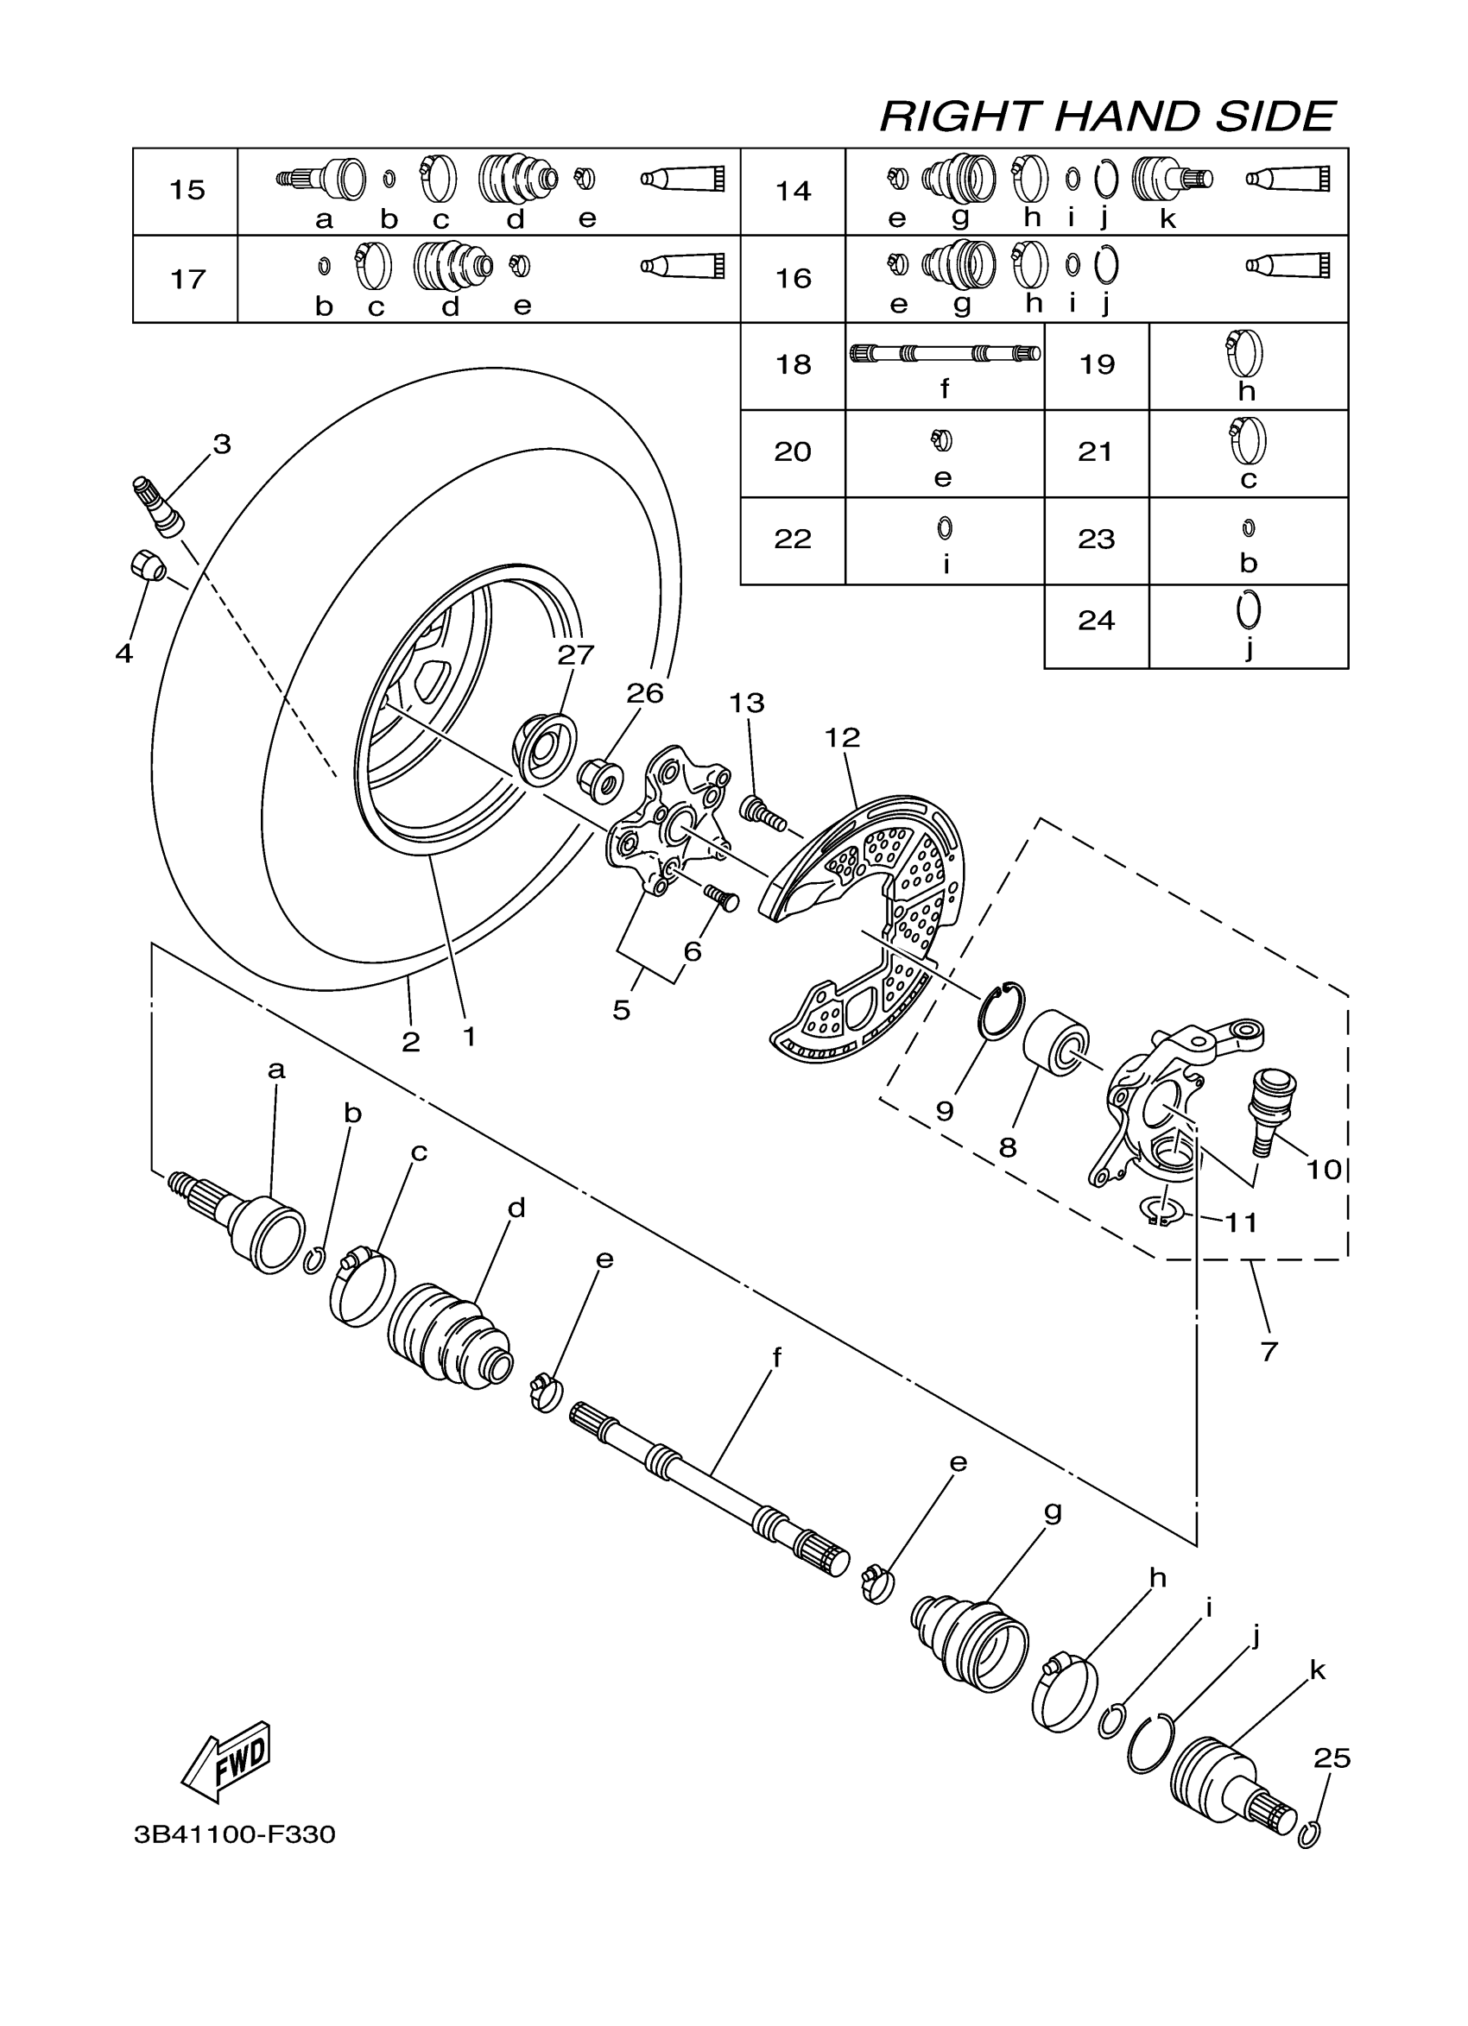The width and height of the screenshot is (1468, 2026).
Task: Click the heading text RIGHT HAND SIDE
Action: tap(1107, 117)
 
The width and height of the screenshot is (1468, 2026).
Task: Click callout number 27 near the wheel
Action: tap(575, 655)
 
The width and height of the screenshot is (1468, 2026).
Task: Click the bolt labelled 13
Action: tap(759, 811)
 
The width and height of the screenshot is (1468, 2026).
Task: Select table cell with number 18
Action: tap(793, 365)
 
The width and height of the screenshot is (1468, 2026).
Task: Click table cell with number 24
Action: tap(1096, 620)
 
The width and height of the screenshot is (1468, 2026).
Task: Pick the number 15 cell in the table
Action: tap(187, 190)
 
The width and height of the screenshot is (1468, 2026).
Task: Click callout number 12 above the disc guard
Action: tap(842, 737)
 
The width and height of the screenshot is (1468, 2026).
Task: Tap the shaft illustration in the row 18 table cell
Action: tap(945, 354)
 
